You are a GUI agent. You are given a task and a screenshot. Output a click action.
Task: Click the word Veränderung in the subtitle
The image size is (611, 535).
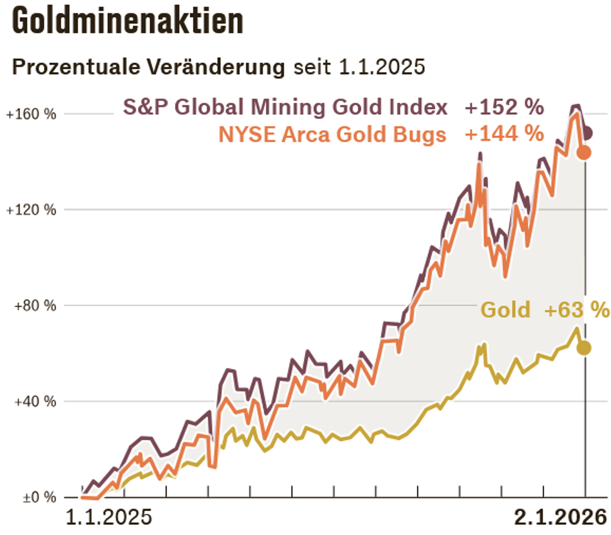pos(216,67)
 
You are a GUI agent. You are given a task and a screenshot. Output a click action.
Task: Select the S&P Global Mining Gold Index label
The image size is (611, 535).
pos(285,107)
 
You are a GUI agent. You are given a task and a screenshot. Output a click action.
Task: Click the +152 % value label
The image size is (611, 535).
pos(504,107)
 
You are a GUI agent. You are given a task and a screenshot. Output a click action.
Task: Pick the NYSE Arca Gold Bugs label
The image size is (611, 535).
pos(332,135)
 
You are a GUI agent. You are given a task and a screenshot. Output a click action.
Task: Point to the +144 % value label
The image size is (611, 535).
pos(504,134)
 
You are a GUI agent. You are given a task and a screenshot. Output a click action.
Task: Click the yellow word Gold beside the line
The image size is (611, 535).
pos(505,310)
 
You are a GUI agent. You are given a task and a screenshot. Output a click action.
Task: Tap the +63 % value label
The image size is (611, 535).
pos(577,310)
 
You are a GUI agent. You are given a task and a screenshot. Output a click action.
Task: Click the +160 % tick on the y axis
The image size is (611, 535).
pos(31,114)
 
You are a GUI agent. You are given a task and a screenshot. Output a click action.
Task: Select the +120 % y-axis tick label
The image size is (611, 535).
pos(31,210)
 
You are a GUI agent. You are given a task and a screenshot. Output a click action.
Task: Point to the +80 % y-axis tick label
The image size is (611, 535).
pos(35,306)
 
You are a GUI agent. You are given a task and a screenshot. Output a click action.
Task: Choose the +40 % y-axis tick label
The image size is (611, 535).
pos(35,401)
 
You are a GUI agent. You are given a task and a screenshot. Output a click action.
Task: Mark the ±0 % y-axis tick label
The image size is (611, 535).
pos(39,497)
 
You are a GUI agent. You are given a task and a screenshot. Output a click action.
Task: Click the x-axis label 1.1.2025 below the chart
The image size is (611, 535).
pos(109,517)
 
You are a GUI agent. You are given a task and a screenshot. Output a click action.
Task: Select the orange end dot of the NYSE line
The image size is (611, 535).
pos(584,153)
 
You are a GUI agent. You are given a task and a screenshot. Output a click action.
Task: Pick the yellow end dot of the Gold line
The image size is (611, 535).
pos(584,348)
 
